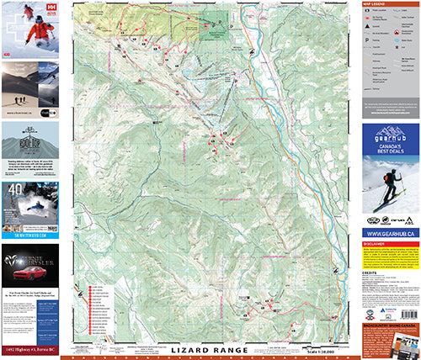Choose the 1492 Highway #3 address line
click(29, 349)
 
